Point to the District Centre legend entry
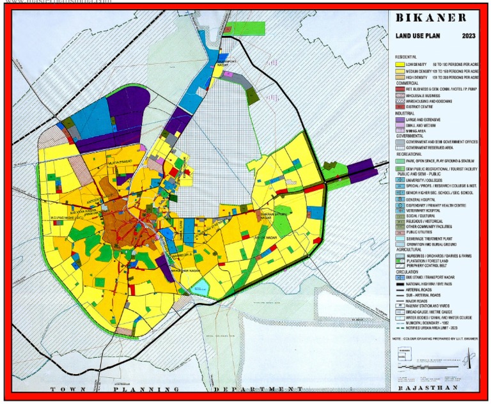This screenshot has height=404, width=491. click(421, 107)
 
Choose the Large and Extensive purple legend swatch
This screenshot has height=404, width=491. click(400, 120)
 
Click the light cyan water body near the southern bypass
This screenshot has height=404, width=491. click(201, 286)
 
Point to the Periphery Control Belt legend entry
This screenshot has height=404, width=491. click(428, 265)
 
